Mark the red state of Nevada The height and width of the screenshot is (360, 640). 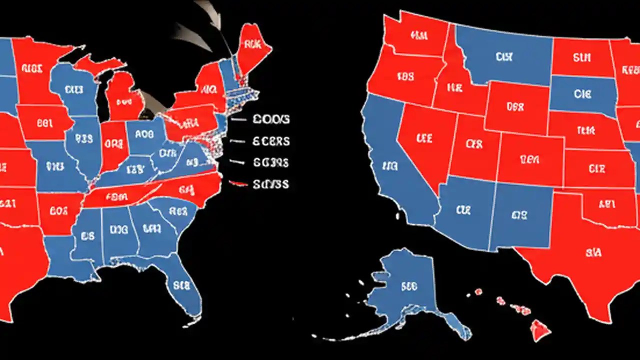(x=425, y=140)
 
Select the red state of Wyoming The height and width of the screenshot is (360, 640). (x=515, y=107)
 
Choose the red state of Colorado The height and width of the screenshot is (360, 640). (x=530, y=160)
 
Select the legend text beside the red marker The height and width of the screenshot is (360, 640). (x=270, y=184)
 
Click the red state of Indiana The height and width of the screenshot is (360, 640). (x=114, y=145)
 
